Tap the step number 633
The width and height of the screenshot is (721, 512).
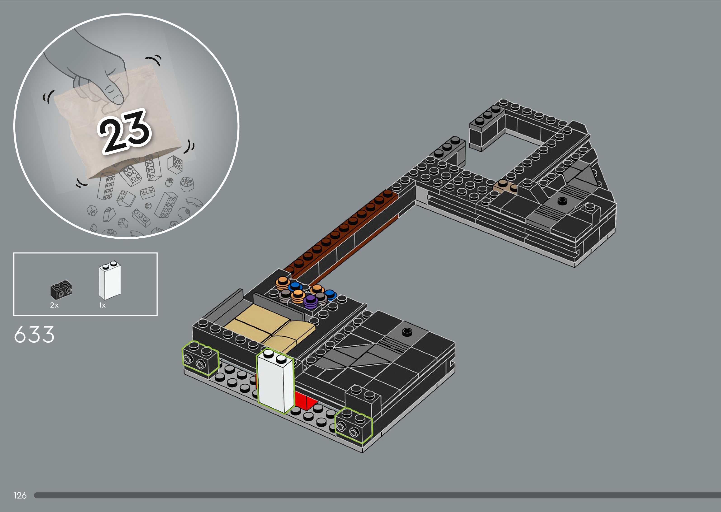34,335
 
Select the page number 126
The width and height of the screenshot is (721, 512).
20,496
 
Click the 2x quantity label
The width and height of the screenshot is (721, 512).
54,305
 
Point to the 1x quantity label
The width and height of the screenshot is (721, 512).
102,305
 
